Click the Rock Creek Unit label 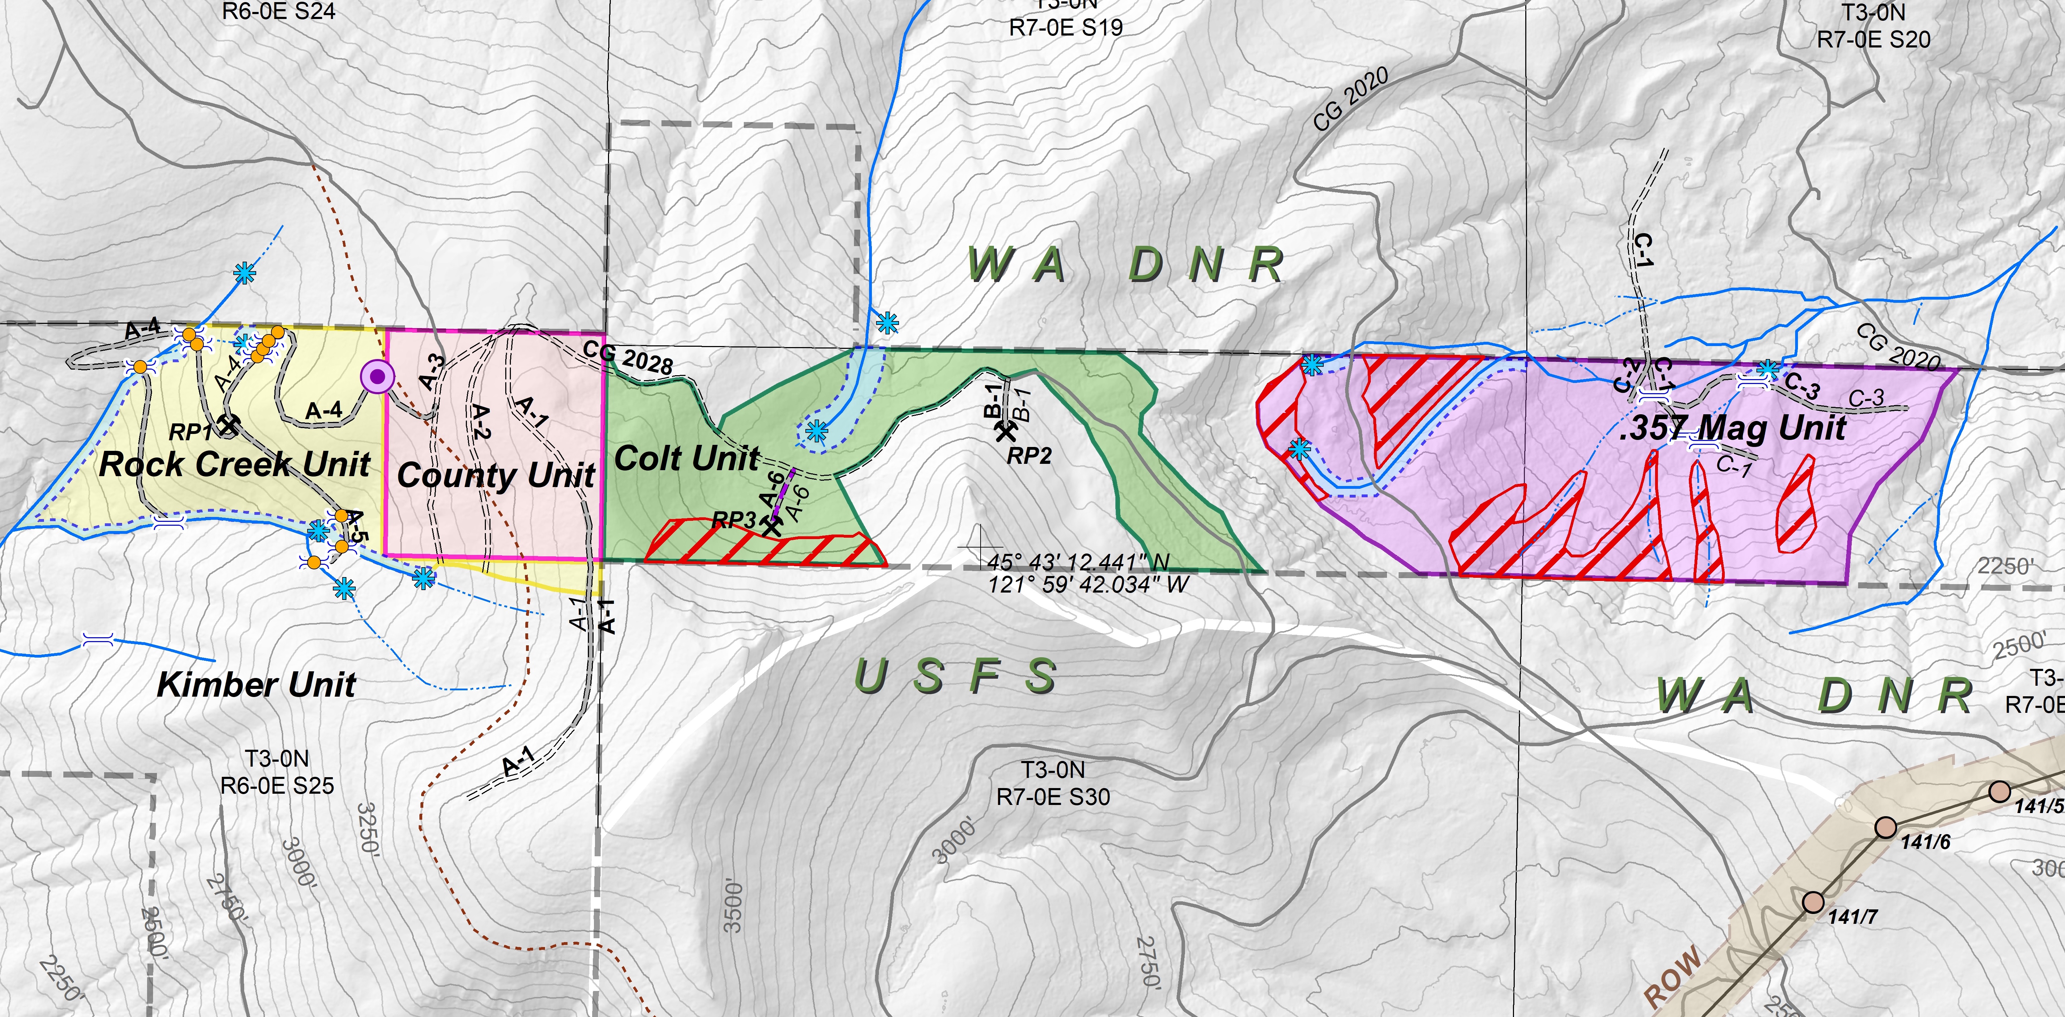(234, 464)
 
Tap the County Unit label (495, 475)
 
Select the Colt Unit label (686, 459)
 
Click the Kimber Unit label (256, 685)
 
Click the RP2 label (1029, 456)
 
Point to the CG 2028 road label (628, 358)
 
